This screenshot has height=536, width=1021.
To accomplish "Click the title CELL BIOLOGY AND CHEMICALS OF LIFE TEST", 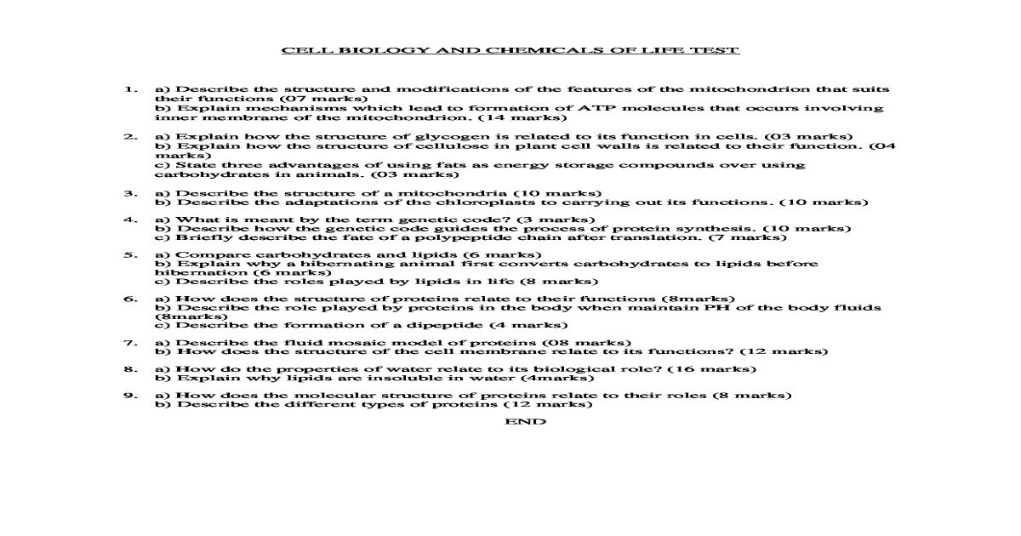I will [x=510, y=50].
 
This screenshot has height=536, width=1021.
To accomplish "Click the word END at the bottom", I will [x=526, y=421].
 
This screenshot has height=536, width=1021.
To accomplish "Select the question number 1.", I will [x=130, y=88].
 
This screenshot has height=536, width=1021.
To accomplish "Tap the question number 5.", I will [x=130, y=254].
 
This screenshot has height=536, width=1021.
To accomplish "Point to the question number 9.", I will [x=130, y=395].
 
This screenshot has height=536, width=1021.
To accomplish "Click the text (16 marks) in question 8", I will [x=712, y=368].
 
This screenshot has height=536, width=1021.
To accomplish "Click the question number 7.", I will [x=130, y=343].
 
